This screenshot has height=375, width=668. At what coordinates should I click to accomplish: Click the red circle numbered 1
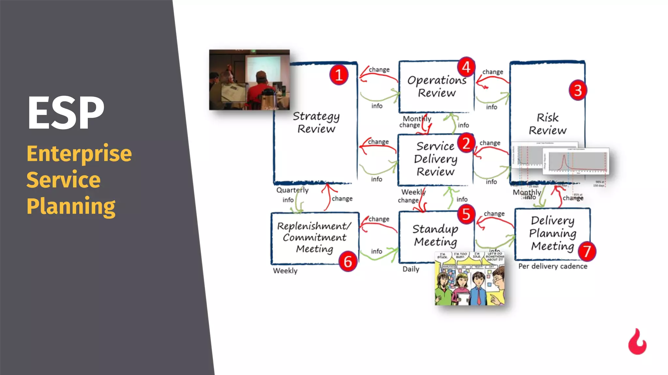click(x=339, y=75)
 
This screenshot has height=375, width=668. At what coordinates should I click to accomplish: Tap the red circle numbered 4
click(x=466, y=67)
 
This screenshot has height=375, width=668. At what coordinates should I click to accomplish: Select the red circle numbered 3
click(x=578, y=90)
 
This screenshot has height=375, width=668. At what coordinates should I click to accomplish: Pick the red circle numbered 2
click(x=466, y=143)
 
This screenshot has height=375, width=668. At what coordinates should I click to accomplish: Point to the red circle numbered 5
click(x=466, y=214)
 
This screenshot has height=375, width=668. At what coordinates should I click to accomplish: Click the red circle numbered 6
click(x=348, y=261)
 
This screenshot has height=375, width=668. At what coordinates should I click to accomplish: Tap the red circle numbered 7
click(x=587, y=251)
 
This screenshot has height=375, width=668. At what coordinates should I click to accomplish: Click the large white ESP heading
click(x=66, y=113)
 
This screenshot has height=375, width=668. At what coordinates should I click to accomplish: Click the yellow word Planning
click(x=71, y=206)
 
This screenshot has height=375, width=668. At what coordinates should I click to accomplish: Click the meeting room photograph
click(x=249, y=80)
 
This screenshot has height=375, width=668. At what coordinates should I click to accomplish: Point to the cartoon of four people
click(x=469, y=279)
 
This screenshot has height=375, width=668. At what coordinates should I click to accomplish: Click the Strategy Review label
click(x=316, y=122)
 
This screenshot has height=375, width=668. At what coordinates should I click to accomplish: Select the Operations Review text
click(x=437, y=87)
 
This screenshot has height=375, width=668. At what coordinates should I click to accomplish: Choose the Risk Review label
click(x=548, y=124)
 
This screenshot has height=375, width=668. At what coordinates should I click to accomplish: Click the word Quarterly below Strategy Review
click(x=292, y=190)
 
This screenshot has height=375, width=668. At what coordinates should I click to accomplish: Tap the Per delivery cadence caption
click(x=553, y=266)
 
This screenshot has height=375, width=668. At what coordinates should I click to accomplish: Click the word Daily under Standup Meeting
click(x=411, y=269)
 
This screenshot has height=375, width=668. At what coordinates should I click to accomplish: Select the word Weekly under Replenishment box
click(x=285, y=271)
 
